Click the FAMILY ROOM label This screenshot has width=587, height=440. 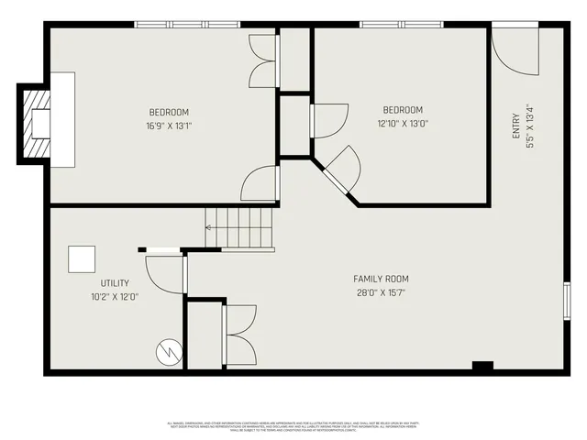click(381, 279)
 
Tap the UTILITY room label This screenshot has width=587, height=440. click(115, 283)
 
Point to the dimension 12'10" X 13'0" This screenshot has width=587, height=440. click(402, 123)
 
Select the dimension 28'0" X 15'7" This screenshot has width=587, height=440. click(381, 292)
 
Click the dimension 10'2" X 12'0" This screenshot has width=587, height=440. click(115, 297)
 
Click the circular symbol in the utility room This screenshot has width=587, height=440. click(168, 350)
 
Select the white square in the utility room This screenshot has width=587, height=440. click(83, 259)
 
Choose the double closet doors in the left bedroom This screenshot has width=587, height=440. click(262, 62)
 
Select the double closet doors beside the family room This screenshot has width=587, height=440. click(240, 334)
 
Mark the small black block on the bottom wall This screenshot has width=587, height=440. click(482, 368)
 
